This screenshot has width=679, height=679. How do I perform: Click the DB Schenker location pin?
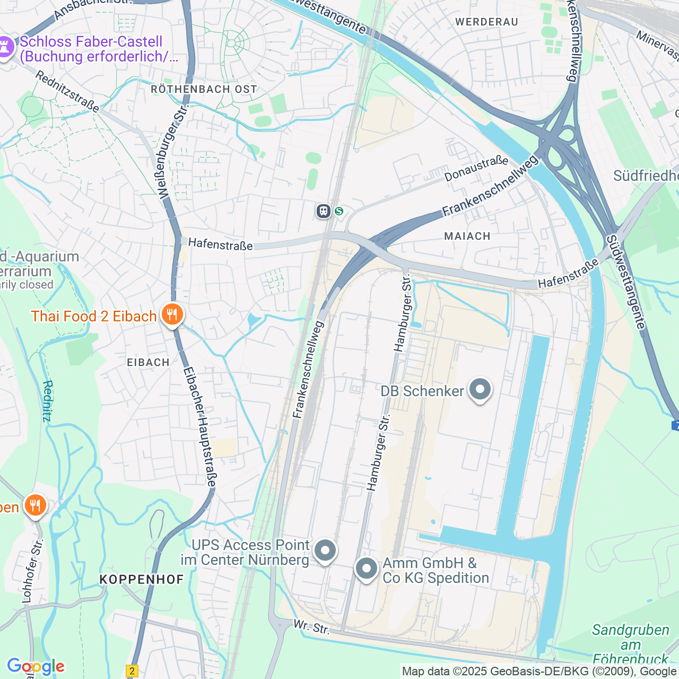click(x=480, y=389)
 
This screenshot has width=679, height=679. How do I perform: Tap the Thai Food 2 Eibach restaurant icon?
click(x=171, y=315)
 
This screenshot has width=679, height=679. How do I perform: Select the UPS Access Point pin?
click(x=325, y=551)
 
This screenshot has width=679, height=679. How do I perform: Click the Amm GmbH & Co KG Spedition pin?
click(x=366, y=569)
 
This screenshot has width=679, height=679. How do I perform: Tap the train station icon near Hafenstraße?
click(x=324, y=211)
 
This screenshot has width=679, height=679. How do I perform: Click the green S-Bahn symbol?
click(x=339, y=211)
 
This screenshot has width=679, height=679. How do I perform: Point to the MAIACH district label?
click(x=467, y=236)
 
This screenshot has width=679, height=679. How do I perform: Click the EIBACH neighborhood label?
click(x=148, y=362)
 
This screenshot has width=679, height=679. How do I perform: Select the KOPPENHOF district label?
click(x=142, y=579)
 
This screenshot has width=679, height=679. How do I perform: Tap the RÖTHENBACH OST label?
click(x=204, y=89)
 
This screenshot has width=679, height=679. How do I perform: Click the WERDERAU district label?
click(x=486, y=22)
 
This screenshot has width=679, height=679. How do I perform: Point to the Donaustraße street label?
click(x=476, y=169)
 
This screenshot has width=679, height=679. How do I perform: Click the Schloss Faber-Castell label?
click(x=91, y=49)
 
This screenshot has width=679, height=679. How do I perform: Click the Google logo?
click(x=36, y=666)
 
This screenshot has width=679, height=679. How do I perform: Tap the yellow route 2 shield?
click(x=132, y=671)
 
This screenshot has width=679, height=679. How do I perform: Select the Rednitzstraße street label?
click(x=67, y=92)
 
